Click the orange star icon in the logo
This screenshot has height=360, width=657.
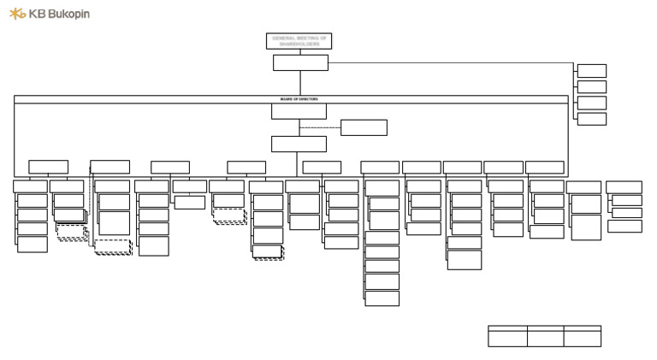(17, 14)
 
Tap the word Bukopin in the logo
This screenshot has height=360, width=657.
(69, 14)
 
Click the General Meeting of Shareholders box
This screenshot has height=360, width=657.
(299, 41)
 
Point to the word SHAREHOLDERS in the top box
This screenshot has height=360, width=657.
(299, 44)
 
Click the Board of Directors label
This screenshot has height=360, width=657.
(299, 99)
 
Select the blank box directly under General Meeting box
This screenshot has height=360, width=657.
(300, 62)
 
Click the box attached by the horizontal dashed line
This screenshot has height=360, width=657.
(364, 127)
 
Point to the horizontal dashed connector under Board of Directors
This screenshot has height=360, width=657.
(320, 127)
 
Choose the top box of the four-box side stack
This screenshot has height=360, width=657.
(591, 71)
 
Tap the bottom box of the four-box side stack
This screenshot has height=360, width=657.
(591, 119)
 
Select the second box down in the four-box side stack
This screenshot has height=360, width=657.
(591, 86)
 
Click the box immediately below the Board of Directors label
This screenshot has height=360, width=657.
(299, 111)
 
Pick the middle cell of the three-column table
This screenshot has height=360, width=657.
(545, 338)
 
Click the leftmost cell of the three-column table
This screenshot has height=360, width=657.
(507, 338)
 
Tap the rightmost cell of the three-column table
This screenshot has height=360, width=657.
(582, 338)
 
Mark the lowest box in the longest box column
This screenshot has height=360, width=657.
(382, 298)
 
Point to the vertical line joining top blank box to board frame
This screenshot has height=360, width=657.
(300, 83)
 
